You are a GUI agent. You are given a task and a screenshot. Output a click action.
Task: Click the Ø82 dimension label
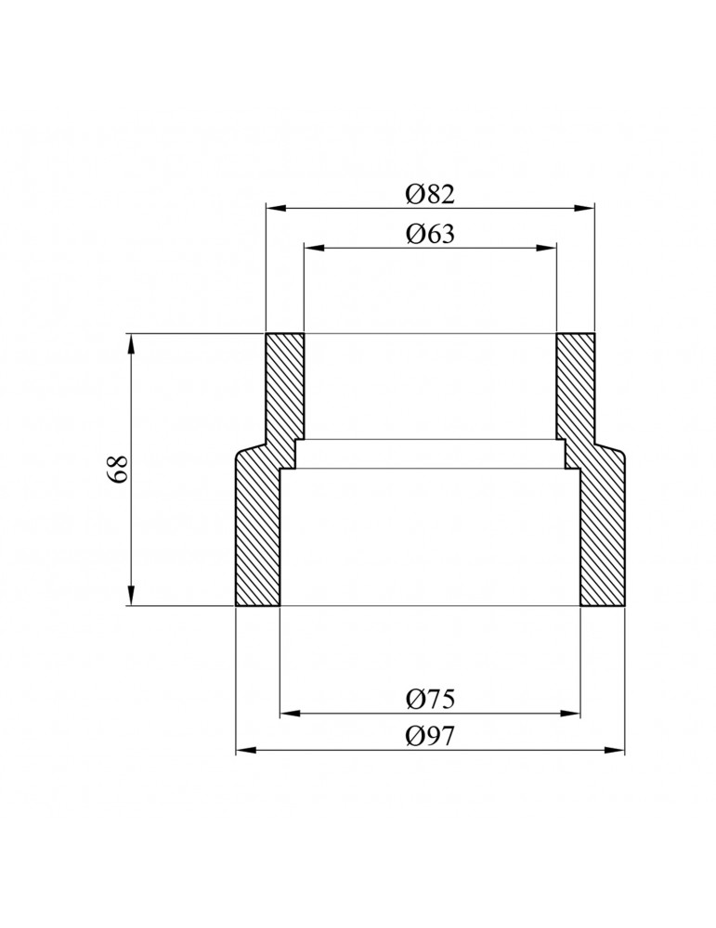(x=430, y=194)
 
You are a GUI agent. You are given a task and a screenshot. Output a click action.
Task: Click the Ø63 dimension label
(x=430, y=234)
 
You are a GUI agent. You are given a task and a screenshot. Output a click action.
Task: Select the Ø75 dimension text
(x=430, y=700)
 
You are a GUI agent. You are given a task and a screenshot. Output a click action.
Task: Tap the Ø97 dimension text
(x=430, y=736)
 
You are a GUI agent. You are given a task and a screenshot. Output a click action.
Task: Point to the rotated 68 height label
(x=117, y=470)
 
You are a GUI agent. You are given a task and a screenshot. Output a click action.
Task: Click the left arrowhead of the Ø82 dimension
(x=276, y=207)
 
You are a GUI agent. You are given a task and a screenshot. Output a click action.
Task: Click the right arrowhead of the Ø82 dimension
(x=584, y=207)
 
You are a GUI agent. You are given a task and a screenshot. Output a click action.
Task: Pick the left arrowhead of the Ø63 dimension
(x=313, y=248)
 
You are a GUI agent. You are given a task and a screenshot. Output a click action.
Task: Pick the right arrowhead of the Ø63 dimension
(x=547, y=248)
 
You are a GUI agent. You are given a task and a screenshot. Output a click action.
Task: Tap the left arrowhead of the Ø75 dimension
(x=290, y=714)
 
